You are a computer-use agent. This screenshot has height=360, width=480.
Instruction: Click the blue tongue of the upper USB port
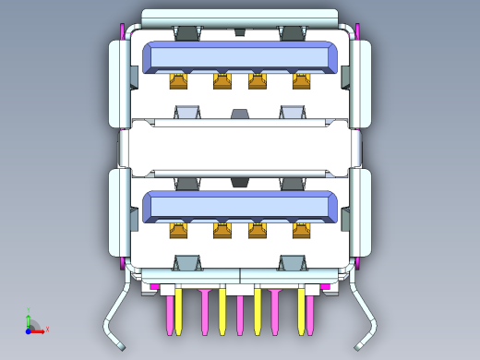coord(240,57)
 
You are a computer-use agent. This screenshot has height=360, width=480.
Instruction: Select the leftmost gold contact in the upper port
coord(178,82)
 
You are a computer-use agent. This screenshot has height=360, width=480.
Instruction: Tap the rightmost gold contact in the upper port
coord(302,82)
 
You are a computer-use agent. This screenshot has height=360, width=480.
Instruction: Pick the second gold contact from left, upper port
coord(222,82)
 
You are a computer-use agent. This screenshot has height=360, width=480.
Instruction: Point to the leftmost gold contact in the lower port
coord(178,230)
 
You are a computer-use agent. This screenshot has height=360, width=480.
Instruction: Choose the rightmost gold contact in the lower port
coord(302,230)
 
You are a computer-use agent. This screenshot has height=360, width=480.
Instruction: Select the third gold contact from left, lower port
coord(258,230)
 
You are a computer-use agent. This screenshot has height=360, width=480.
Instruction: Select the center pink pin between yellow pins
coord(240,314)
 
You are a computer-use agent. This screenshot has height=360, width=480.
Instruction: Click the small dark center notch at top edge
coord(240,31)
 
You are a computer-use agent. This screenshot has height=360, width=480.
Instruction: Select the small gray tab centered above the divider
coord(240,114)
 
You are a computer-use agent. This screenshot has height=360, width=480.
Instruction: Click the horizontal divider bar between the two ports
coord(240,148)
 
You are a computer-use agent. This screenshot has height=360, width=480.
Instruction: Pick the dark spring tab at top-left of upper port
coord(187,33)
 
